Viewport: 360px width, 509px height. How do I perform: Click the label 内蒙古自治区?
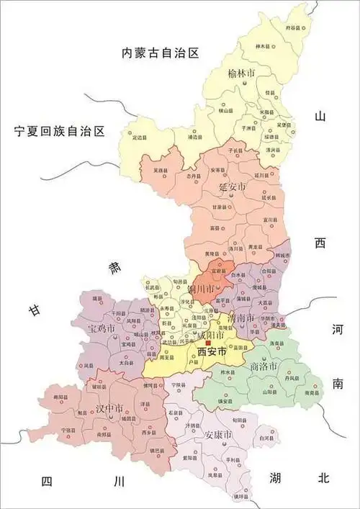(160, 53)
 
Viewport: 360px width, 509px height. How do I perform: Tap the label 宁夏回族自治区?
(60, 131)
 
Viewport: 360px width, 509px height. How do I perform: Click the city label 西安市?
(212, 352)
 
